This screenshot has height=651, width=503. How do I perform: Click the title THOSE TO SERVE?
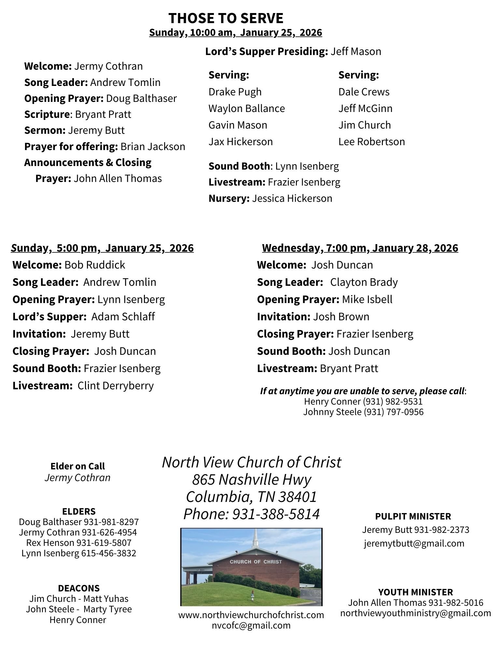point(226,18)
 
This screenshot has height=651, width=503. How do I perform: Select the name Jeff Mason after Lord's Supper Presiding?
point(356,51)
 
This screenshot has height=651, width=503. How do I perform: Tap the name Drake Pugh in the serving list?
point(235,92)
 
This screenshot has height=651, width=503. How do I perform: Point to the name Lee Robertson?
point(371,142)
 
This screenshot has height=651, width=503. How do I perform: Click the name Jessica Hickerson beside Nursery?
point(292,198)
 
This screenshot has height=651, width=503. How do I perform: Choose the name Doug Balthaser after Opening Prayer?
point(141,98)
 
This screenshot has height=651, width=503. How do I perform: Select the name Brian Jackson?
point(153,146)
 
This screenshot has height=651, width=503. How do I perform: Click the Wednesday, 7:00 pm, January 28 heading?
point(360,248)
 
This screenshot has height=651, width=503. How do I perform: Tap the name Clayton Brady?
point(364,282)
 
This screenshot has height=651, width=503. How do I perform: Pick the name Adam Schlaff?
point(123,317)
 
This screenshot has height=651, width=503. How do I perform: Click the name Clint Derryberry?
point(116,386)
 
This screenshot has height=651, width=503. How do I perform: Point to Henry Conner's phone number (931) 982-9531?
point(393,401)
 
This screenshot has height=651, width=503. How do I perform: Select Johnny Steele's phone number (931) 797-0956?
point(393,412)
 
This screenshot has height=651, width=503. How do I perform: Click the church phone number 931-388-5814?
point(276,514)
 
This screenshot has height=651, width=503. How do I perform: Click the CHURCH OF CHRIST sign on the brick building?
point(256,561)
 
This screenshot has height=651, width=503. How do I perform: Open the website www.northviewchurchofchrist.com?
point(251,615)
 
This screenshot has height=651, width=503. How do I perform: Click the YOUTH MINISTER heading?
point(415,592)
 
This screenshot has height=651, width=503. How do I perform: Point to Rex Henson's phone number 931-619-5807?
point(104,543)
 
